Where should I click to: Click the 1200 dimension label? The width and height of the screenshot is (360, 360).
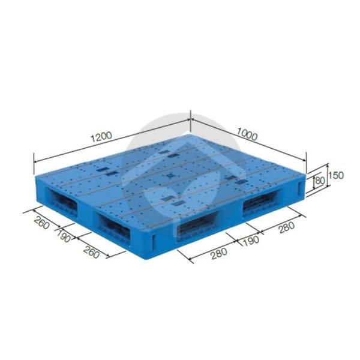tap(101, 137)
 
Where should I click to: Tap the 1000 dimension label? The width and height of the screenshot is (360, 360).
tap(247, 134)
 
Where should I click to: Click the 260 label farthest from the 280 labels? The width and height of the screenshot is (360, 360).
tap(41, 223)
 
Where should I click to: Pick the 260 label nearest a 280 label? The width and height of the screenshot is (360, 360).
tap(91, 251)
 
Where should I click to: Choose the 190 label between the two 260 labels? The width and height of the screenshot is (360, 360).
tap(63, 236)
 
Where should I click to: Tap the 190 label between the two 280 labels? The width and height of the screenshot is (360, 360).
tap(251, 241)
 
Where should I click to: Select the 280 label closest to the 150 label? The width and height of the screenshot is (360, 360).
tap(287, 227)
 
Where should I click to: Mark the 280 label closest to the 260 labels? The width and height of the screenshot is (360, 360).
tap(219, 253)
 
